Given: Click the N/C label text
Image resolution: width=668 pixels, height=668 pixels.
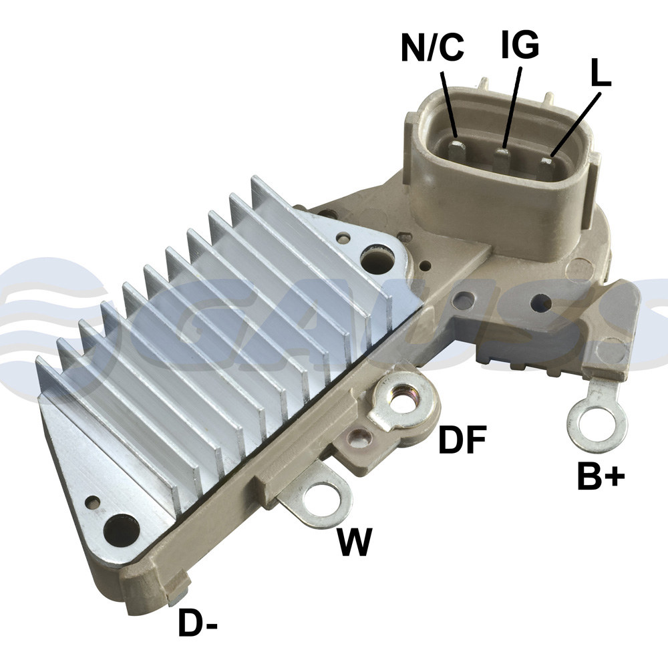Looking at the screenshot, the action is tap(432, 47).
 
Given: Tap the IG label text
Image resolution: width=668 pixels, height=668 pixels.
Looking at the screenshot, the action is tap(520, 43).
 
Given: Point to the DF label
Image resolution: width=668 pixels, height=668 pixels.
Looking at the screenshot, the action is tap(462, 440).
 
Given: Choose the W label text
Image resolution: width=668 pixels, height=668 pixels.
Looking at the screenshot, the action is tap(355, 541).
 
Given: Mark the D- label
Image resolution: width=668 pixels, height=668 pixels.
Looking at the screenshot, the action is tap(198, 623).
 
